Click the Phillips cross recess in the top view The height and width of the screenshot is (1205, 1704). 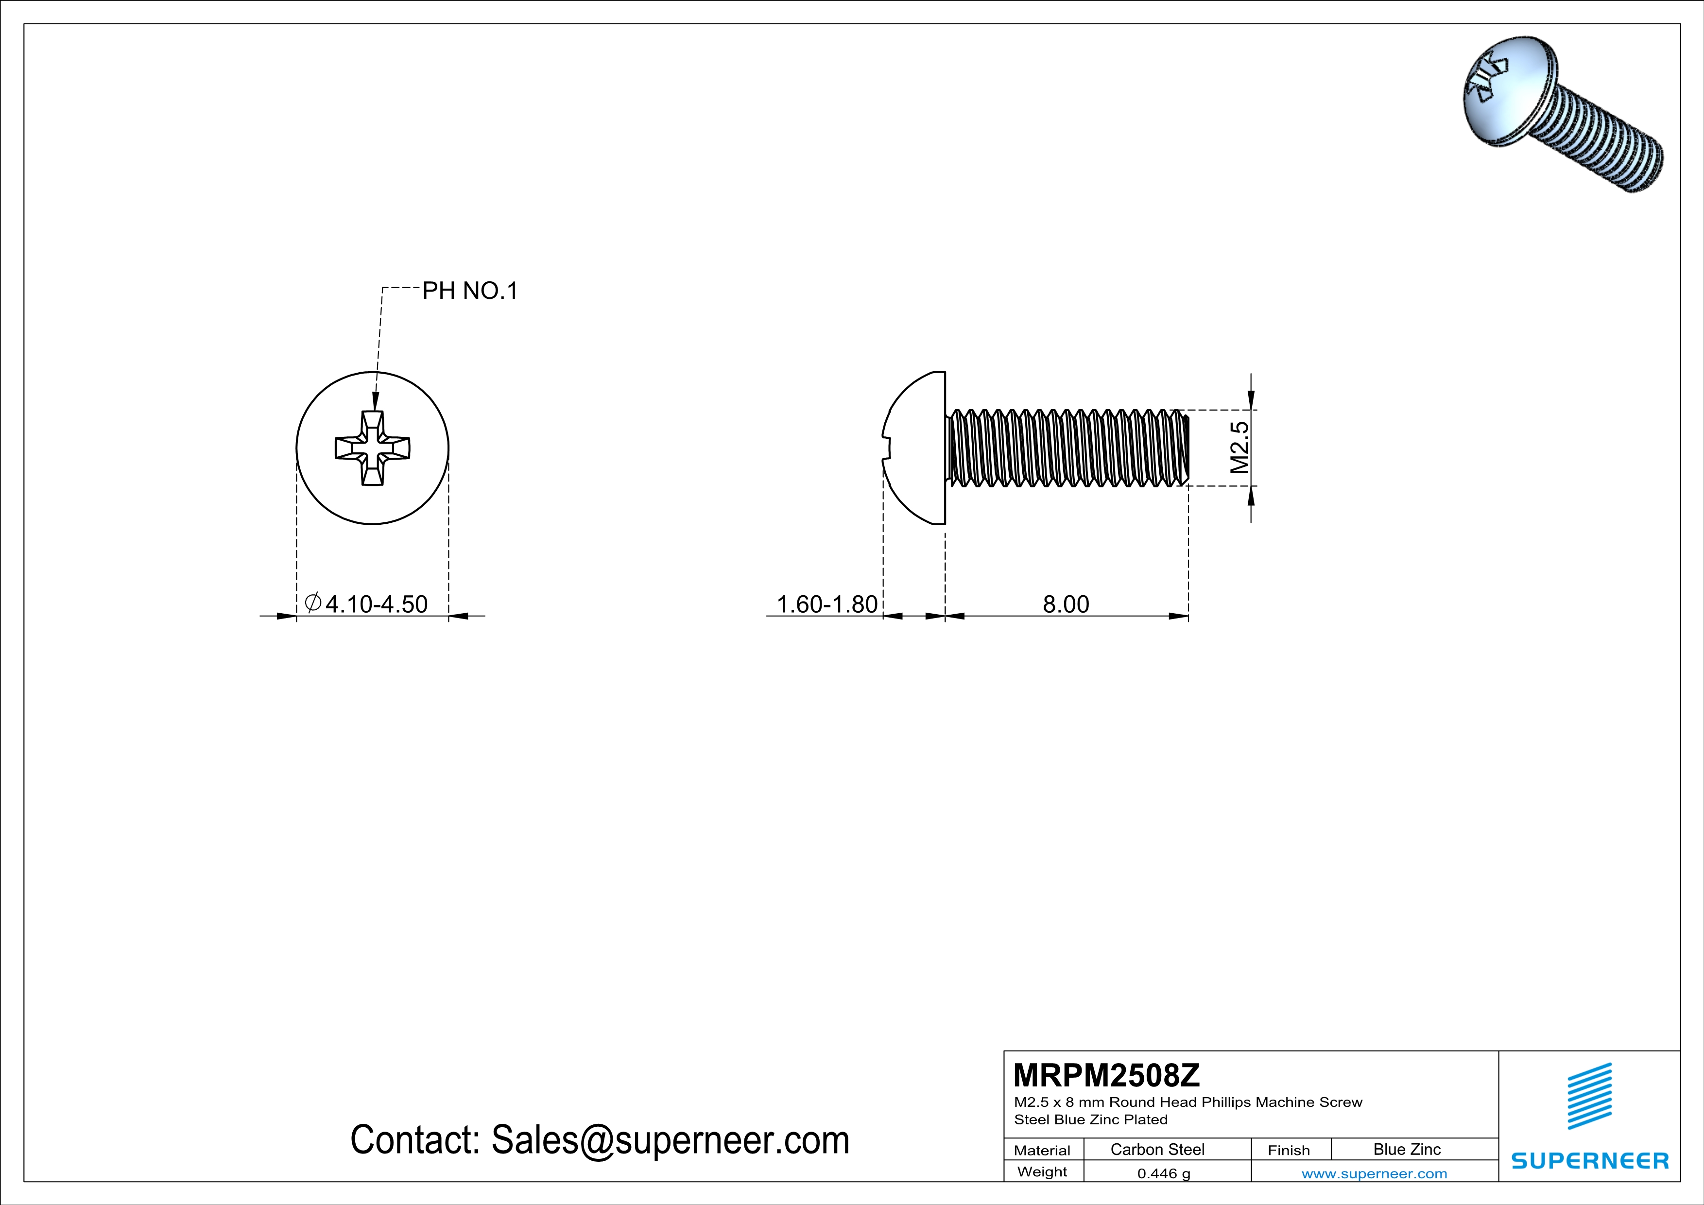pyautogui.click(x=373, y=448)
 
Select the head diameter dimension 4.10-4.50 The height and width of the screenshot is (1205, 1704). pyautogui.click(x=367, y=604)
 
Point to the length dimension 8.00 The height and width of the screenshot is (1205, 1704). pyautogui.click(x=1066, y=604)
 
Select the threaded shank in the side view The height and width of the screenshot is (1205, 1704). pyautogui.click(x=1067, y=448)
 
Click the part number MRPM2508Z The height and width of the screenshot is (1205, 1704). pyautogui.click(x=1106, y=1074)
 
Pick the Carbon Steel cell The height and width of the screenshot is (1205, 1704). pyautogui.click(x=1157, y=1149)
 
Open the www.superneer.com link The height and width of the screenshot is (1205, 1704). pyautogui.click(x=1374, y=1173)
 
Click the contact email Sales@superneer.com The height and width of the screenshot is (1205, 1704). pyautogui.click(x=600, y=1140)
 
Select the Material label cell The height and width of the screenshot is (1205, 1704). pyautogui.click(x=1042, y=1150)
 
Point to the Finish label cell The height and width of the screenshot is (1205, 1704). pyautogui.click(x=1289, y=1150)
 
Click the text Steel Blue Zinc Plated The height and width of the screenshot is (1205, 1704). pyautogui.click(x=1090, y=1119)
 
